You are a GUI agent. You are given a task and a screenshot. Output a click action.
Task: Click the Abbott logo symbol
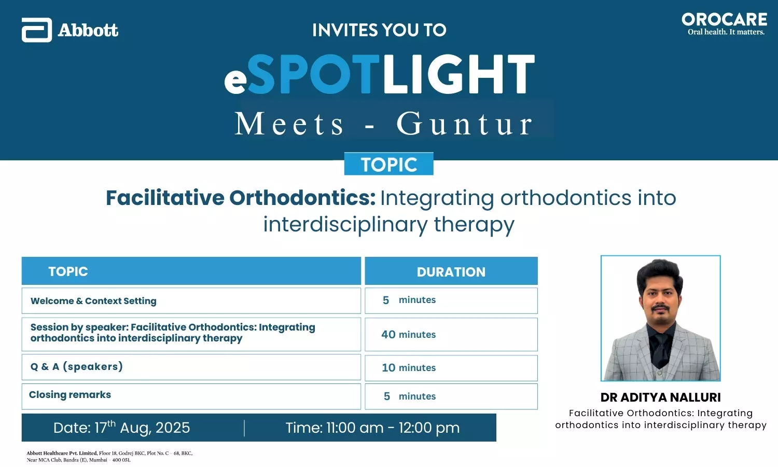36,30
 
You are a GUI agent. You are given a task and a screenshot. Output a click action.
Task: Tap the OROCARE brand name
725,20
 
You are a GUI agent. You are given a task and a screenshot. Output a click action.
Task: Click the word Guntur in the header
465,123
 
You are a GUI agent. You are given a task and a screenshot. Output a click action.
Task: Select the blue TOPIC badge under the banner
388,163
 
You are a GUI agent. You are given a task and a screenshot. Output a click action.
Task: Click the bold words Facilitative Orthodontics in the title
240,198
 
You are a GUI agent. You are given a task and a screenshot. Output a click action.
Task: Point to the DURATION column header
451,271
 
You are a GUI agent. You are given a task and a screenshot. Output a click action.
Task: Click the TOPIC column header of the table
191,271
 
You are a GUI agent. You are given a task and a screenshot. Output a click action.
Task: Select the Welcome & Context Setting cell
191,300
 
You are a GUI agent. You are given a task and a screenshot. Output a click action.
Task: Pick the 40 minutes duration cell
451,334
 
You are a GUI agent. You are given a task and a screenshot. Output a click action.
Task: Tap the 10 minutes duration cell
451,367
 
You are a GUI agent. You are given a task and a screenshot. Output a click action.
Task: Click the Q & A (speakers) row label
77,366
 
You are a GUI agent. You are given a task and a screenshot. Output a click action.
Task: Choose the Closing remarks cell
191,396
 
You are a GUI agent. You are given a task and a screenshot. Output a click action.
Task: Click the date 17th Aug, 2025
121,428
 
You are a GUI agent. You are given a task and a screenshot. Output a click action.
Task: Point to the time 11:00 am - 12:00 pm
373,428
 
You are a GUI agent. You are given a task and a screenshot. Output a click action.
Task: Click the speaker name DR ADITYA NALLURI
661,397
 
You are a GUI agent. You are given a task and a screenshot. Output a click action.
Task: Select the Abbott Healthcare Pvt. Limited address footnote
110,456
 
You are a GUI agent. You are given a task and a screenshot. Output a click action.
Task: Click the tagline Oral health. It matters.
726,32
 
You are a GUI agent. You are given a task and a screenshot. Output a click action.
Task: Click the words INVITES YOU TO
379,30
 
